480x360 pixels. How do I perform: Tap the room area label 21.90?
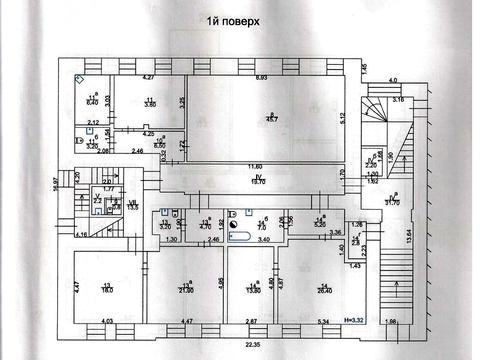(186, 288)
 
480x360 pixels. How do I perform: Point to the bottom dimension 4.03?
(104, 323)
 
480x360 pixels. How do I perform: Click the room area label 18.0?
(108, 288)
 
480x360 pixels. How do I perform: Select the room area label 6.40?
(91, 102)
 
